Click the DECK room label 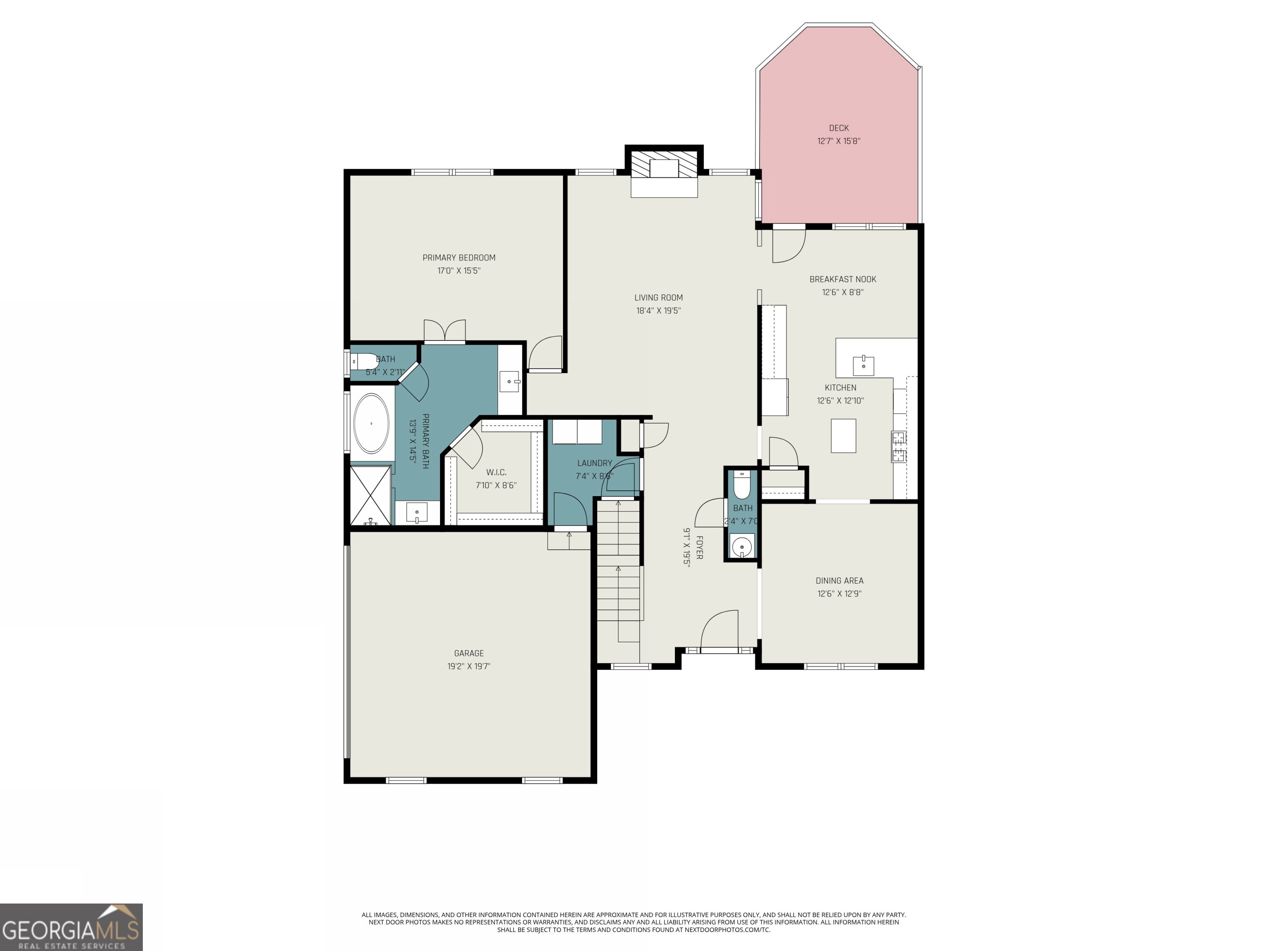[839, 128]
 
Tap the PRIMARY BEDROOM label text [459, 258]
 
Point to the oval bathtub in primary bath [371, 423]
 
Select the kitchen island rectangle [843, 435]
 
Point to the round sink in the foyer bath [742, 546]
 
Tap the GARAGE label [469, 653]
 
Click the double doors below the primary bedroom [445, 331]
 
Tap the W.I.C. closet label [496, 472]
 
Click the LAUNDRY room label [594, 463]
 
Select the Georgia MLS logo [71, 927]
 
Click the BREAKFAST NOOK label [843, 279]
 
